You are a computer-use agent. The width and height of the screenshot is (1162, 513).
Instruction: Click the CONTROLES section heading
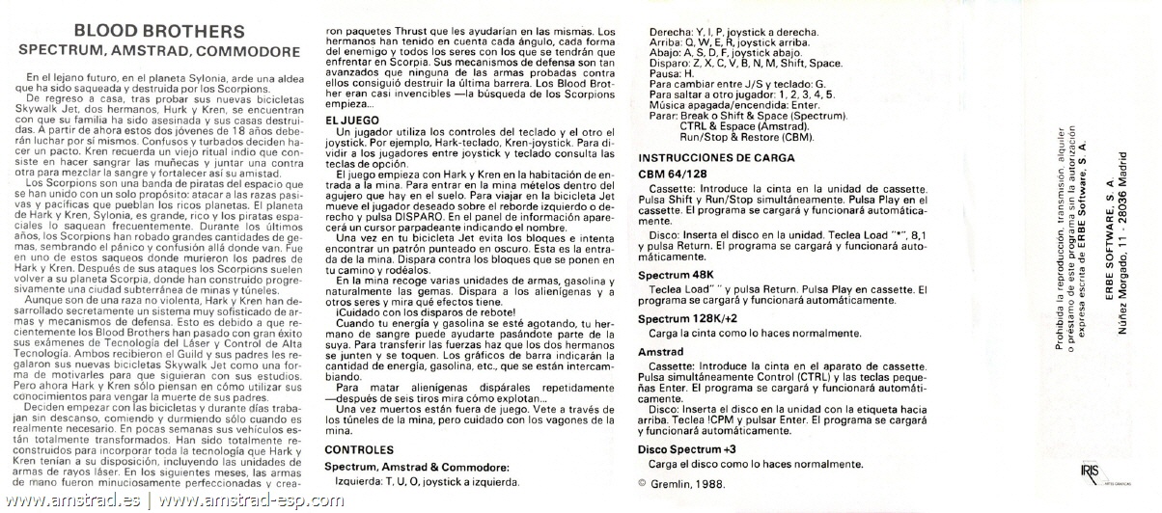[358, 449]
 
